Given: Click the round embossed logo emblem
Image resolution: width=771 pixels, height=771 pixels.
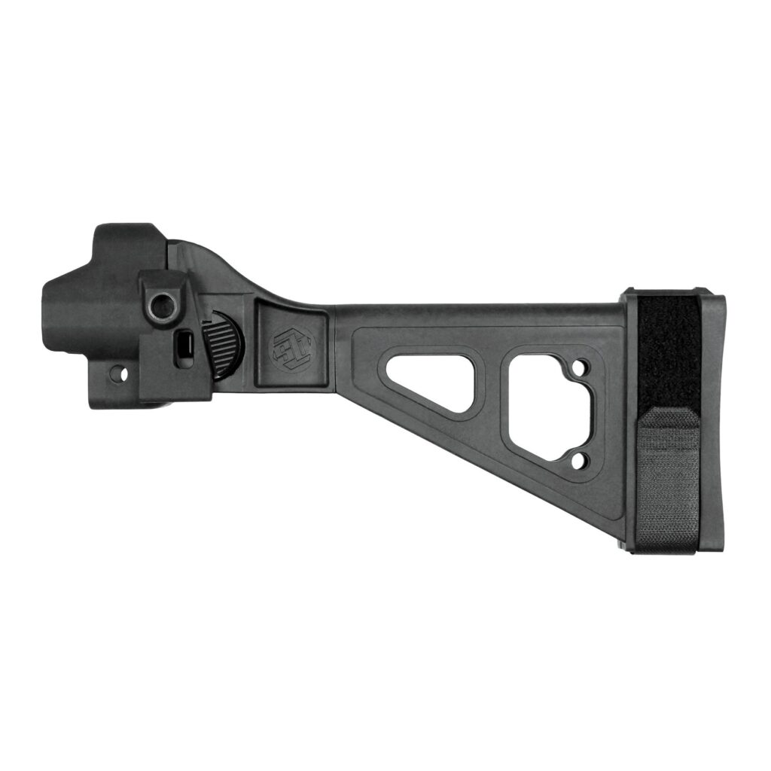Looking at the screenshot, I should [x=293, y=347].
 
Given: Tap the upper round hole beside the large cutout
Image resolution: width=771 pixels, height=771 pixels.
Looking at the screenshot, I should [x=578, y=369].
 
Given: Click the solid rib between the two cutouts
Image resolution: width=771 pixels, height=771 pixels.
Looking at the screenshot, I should [x=493, y=399].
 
